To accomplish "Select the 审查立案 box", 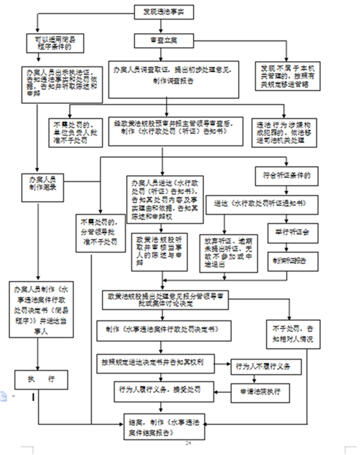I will [x=164, y=41].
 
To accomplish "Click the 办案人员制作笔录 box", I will [x=43, y=184].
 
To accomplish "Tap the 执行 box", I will [x=41, y=380].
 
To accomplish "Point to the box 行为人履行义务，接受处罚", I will [x=163, y=389].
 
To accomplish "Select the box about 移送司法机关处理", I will [x=279, y=132].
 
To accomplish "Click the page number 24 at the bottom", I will [x=188, y=443].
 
